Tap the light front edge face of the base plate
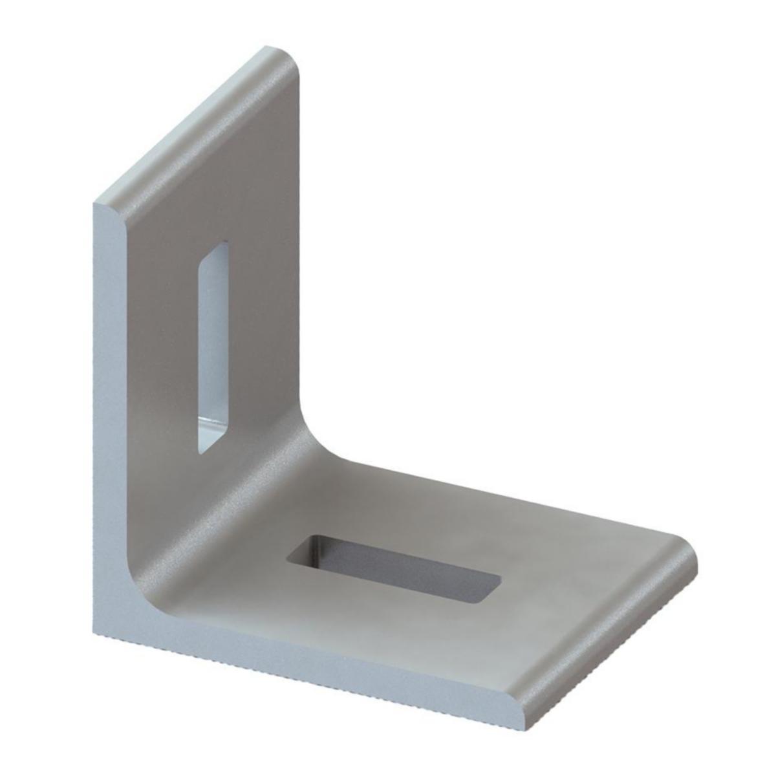323,673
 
